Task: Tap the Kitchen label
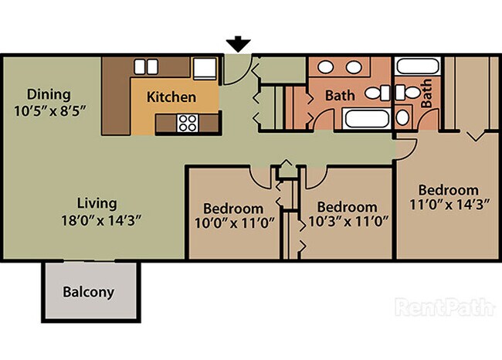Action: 171,98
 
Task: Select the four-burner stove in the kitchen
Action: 188,122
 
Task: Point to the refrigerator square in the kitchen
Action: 205,69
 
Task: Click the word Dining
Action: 49,94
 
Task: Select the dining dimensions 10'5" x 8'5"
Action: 49,110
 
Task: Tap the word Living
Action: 97,204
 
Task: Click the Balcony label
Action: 88,293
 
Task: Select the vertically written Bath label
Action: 426,95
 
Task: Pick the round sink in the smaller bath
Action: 403,118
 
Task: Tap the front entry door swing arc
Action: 241,70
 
